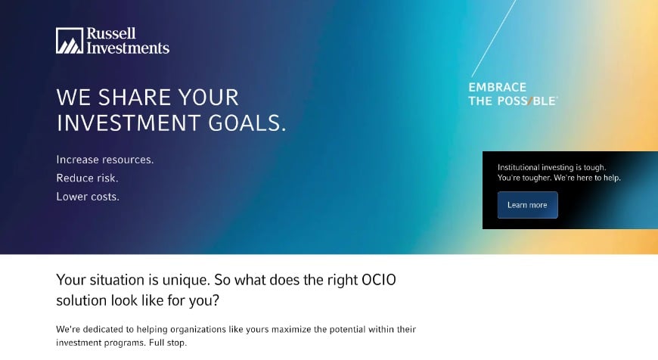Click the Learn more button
[527, 205]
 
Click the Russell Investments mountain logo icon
[69, 41]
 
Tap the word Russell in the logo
[111, 34]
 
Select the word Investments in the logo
[128, 48]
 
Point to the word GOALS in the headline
[243, 123]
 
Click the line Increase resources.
[104, 160]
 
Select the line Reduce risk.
[87, 178]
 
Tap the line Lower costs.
[88, 197]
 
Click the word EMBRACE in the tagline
[497, 87]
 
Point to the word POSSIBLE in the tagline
[526, 101]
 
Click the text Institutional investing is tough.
[551, 167]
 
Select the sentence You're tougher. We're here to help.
[558, 178]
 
